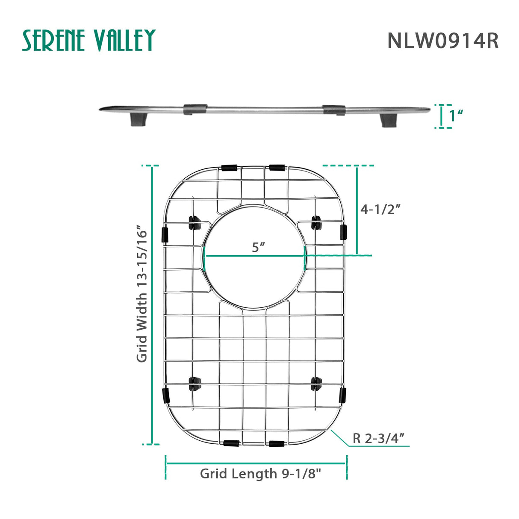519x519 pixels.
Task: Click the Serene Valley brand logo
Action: tap(88, 41)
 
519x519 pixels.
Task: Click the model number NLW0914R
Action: tap(442, 41)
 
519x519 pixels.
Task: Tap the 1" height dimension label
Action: tap(456, 116)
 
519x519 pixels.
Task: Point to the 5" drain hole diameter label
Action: tap(258, 247)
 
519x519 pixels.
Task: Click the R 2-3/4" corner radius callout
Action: tap(379, 438)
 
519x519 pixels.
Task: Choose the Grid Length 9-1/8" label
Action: tap(260, 474)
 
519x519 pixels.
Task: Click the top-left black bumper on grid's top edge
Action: tap(229, 168)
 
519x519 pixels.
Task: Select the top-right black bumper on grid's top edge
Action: tap(277, 167)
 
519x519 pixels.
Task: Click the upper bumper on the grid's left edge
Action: tap(165, 235)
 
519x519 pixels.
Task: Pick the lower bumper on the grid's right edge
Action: tap(342, 395)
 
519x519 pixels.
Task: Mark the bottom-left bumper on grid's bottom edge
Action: tap(231, 443)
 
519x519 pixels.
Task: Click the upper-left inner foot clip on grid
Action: tap(195, 223)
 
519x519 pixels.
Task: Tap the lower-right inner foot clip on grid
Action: tap(316, 383)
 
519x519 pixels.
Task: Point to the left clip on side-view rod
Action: tap(195, 109)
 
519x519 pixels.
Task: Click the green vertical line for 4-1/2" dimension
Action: tap(357, 209)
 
